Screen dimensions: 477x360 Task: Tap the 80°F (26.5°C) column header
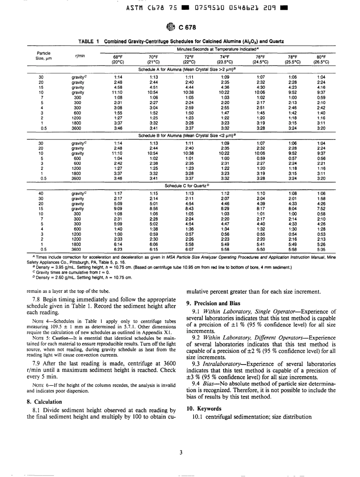pos(321,59)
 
